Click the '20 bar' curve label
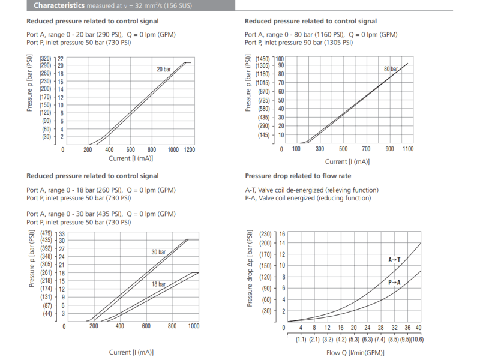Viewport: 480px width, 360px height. (164, 70)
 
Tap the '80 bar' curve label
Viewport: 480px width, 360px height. (391, 69)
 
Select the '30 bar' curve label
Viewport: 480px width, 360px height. (158, 252)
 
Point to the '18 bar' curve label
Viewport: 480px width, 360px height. (158, 284)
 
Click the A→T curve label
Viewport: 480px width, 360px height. (394, 260)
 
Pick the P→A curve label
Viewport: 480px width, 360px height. (394, 282)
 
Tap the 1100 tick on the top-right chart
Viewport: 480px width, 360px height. (408, 149)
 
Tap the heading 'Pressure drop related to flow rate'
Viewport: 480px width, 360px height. (299, 176)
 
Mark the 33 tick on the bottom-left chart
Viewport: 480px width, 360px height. (61, 233)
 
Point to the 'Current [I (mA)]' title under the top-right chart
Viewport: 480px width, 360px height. (347, 161)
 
